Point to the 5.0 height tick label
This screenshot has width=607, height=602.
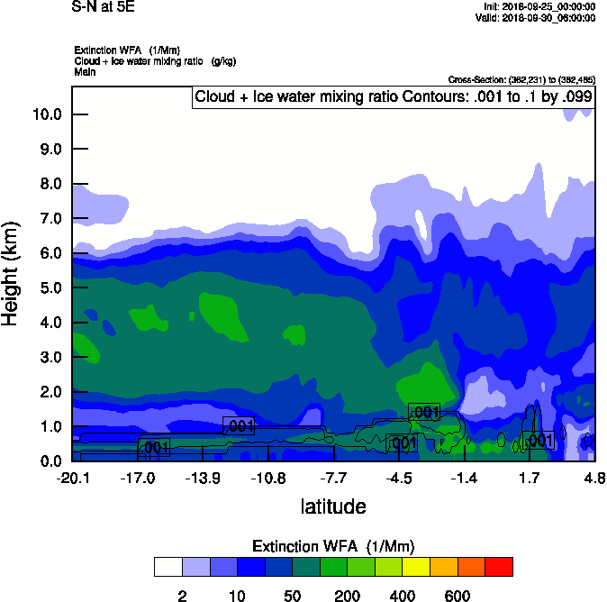pyautogui.click(x=50, y=288)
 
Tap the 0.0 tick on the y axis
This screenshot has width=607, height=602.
pyautogui.click(x=50, y=461)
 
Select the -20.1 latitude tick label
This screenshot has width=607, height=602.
pyautogui.click(x=72, y=477)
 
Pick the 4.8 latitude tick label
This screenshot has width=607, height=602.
pyautogui.click(x=593, y=477)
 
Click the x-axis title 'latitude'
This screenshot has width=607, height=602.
pyautogui.click(x=333, y=506)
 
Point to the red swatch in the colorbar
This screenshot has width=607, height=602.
pyautogui.click(x=499, y=566)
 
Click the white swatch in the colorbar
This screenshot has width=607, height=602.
pyautogui.click(x=168, y=566)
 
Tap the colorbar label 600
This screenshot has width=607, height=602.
pyautogui.click(x=458, y=596)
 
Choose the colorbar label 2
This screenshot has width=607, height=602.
pyautogui.click(x=182, y=596)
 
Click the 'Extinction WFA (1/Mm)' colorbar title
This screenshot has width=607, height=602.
pyautogui.click(x=333, y=546)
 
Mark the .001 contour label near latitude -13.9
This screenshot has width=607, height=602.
pyautogui.click(x=239, y=426)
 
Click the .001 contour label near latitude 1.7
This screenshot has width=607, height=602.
pyautogui.click(x=538, y=441)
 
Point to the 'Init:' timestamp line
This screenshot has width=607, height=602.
pyautogui.click(x=539, y=5)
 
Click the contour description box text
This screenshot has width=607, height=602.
pyautogui.click(x=393, y=96)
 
